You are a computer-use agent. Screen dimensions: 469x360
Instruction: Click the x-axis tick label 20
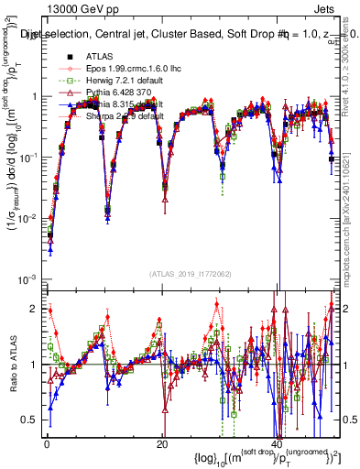click(162, 444)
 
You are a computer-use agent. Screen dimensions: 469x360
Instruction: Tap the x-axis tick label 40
click(278, 444)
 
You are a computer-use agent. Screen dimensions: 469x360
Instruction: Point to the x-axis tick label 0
click(47, 444)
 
